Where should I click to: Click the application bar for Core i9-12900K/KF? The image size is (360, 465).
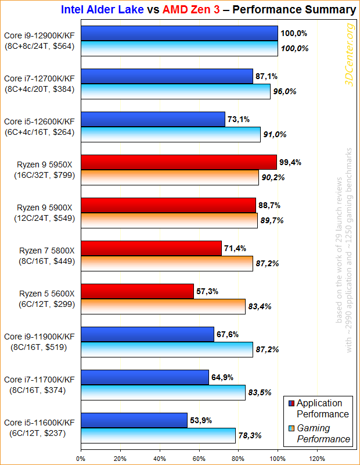point(179,33)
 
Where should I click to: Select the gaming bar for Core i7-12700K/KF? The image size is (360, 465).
point(175,91)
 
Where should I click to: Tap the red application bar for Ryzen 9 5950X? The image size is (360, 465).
point(178,162)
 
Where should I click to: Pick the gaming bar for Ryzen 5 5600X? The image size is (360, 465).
point(163,306)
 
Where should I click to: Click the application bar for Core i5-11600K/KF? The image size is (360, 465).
point(134,420)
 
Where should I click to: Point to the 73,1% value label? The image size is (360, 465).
point(238,120)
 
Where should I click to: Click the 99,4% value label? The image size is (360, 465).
point(290,162)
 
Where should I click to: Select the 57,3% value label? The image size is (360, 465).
point(207,291)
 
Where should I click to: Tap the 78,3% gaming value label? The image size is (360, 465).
point(249,435)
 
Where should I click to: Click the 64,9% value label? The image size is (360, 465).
point(222,377)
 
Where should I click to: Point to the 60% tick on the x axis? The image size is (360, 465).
point(199,458)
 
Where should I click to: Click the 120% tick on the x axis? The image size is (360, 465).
point(317,458)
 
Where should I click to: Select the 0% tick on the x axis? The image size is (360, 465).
point(81,458)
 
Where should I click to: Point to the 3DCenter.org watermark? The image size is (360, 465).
point(350,55)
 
